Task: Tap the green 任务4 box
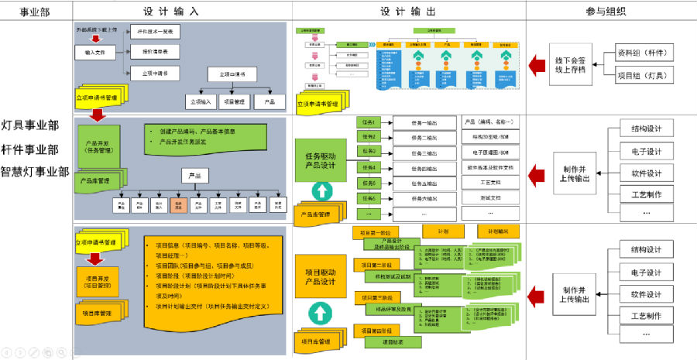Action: coord(369,167)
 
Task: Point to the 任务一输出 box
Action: coord(424,123)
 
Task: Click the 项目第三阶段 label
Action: coord(376,298)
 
